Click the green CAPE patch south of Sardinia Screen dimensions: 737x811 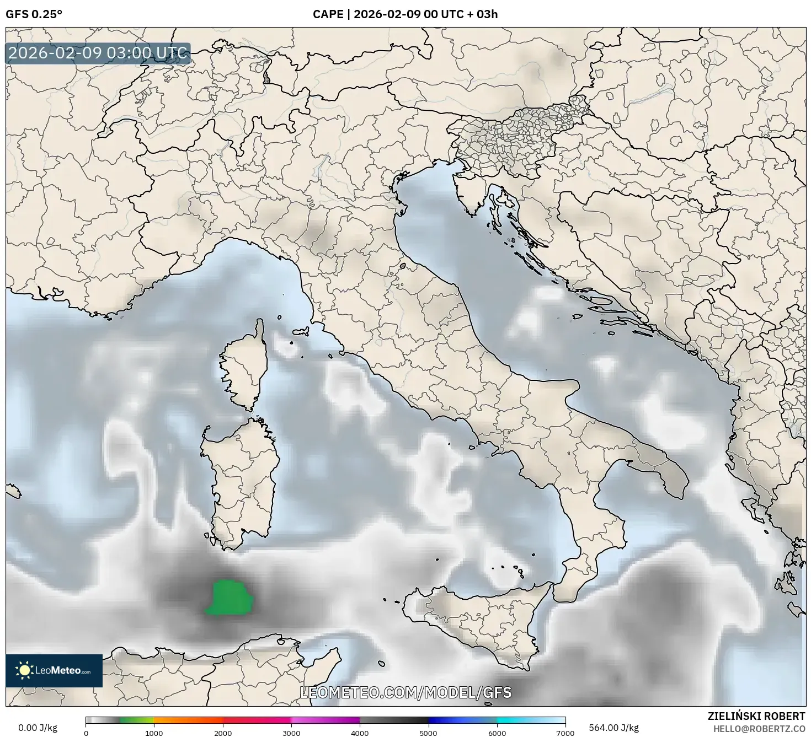pyautogui.click(x=230, y=598)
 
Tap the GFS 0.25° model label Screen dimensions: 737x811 pyautogui.click(x=34, y=14)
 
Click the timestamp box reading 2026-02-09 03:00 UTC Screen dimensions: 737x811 pyautogui.click(x=98, y=53)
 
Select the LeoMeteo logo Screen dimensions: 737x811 pyautogui.click(x=54, y=670)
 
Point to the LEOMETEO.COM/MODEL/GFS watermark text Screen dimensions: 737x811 pyautogui.click(x=405, y=692)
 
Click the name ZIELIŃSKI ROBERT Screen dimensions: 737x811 pyautogui.click(x=756, y=716)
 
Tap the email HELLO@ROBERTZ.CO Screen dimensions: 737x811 pyautogui.click(x=759, y=728)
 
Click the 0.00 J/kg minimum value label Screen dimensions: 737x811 pyautogui.click(x=38, y=728)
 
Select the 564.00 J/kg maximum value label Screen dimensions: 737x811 pyautogui.click(x=613, y=728)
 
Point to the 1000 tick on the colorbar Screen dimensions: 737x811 pyautogui.click(x=154, y=733)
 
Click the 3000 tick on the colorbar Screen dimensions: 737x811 pyautogui.click(x=291, y=733)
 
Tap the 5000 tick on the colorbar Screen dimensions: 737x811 pyautogui.click(x=429, y=733)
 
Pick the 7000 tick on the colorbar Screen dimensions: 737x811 pyautogui.click(x=565, y=733)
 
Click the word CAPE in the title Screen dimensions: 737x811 pyautogui.click(x=328, y=14)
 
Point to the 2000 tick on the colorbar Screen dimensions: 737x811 pyautogui.click(x=223, y=733)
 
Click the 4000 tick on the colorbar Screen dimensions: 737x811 pyautogui.click(x=360, y=733)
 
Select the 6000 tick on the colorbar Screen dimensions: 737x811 pyautogui.click(x=497, y=733)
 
